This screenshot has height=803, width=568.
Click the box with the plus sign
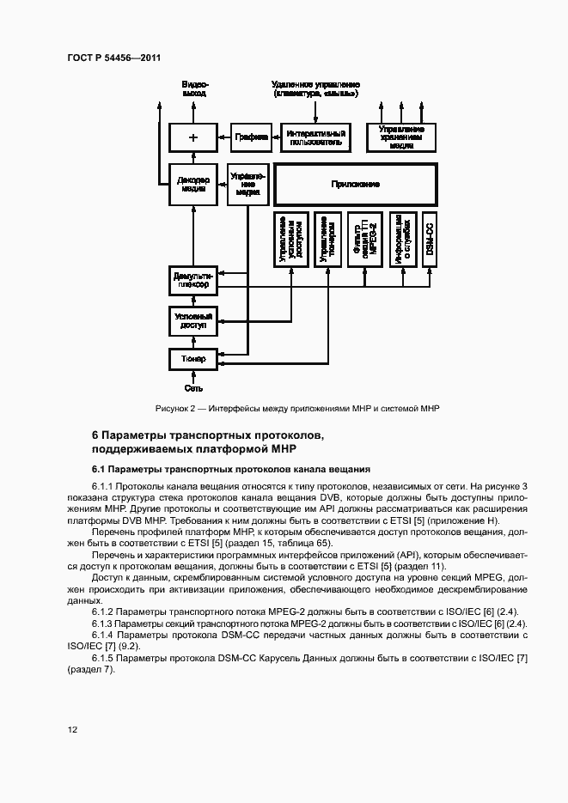192,137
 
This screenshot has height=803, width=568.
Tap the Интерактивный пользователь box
315,137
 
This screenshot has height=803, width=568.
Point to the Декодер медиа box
192,185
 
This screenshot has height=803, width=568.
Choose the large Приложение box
355,185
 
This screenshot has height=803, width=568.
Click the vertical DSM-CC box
430,237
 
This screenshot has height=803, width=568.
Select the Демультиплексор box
192,280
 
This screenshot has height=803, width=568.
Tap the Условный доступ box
192,321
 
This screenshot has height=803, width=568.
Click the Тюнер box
192,357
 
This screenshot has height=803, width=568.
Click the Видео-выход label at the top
194,88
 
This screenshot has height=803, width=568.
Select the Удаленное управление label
315,88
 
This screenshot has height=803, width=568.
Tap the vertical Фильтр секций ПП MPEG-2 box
365,237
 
